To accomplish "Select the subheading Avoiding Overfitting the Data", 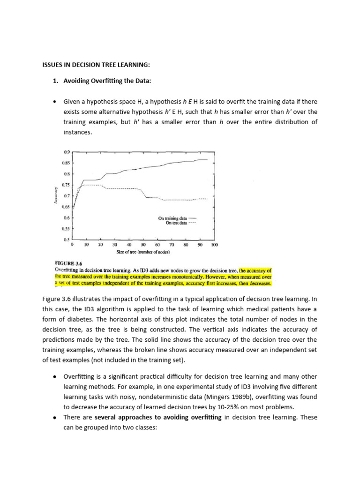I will click(102, 81).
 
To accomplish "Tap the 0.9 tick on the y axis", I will click(66, 152).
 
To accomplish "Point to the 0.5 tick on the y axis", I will click(66, 240).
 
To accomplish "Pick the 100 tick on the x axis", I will click(214, 245).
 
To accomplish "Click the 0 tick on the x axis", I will click(72, 245).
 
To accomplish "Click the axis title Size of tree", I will click(143, 252).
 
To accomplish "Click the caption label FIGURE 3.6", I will click(68, 263).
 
